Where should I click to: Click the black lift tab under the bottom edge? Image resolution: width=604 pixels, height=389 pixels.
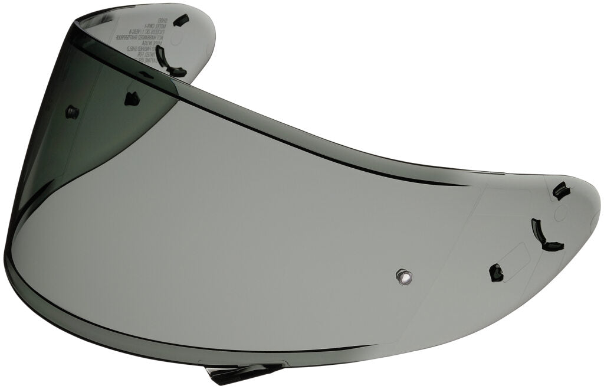pos(232,372)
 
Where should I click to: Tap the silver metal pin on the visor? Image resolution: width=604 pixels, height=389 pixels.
pos(404,275)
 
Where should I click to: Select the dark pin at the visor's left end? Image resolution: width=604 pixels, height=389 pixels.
pos(72,111)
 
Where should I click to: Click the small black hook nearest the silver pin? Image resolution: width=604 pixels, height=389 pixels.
pos(496,272)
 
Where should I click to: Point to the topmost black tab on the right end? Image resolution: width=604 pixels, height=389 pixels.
pos(560,191)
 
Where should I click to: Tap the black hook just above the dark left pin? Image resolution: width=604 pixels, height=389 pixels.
pos(132,99)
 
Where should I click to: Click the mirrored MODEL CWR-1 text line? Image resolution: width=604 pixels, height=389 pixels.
pos(137,26)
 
